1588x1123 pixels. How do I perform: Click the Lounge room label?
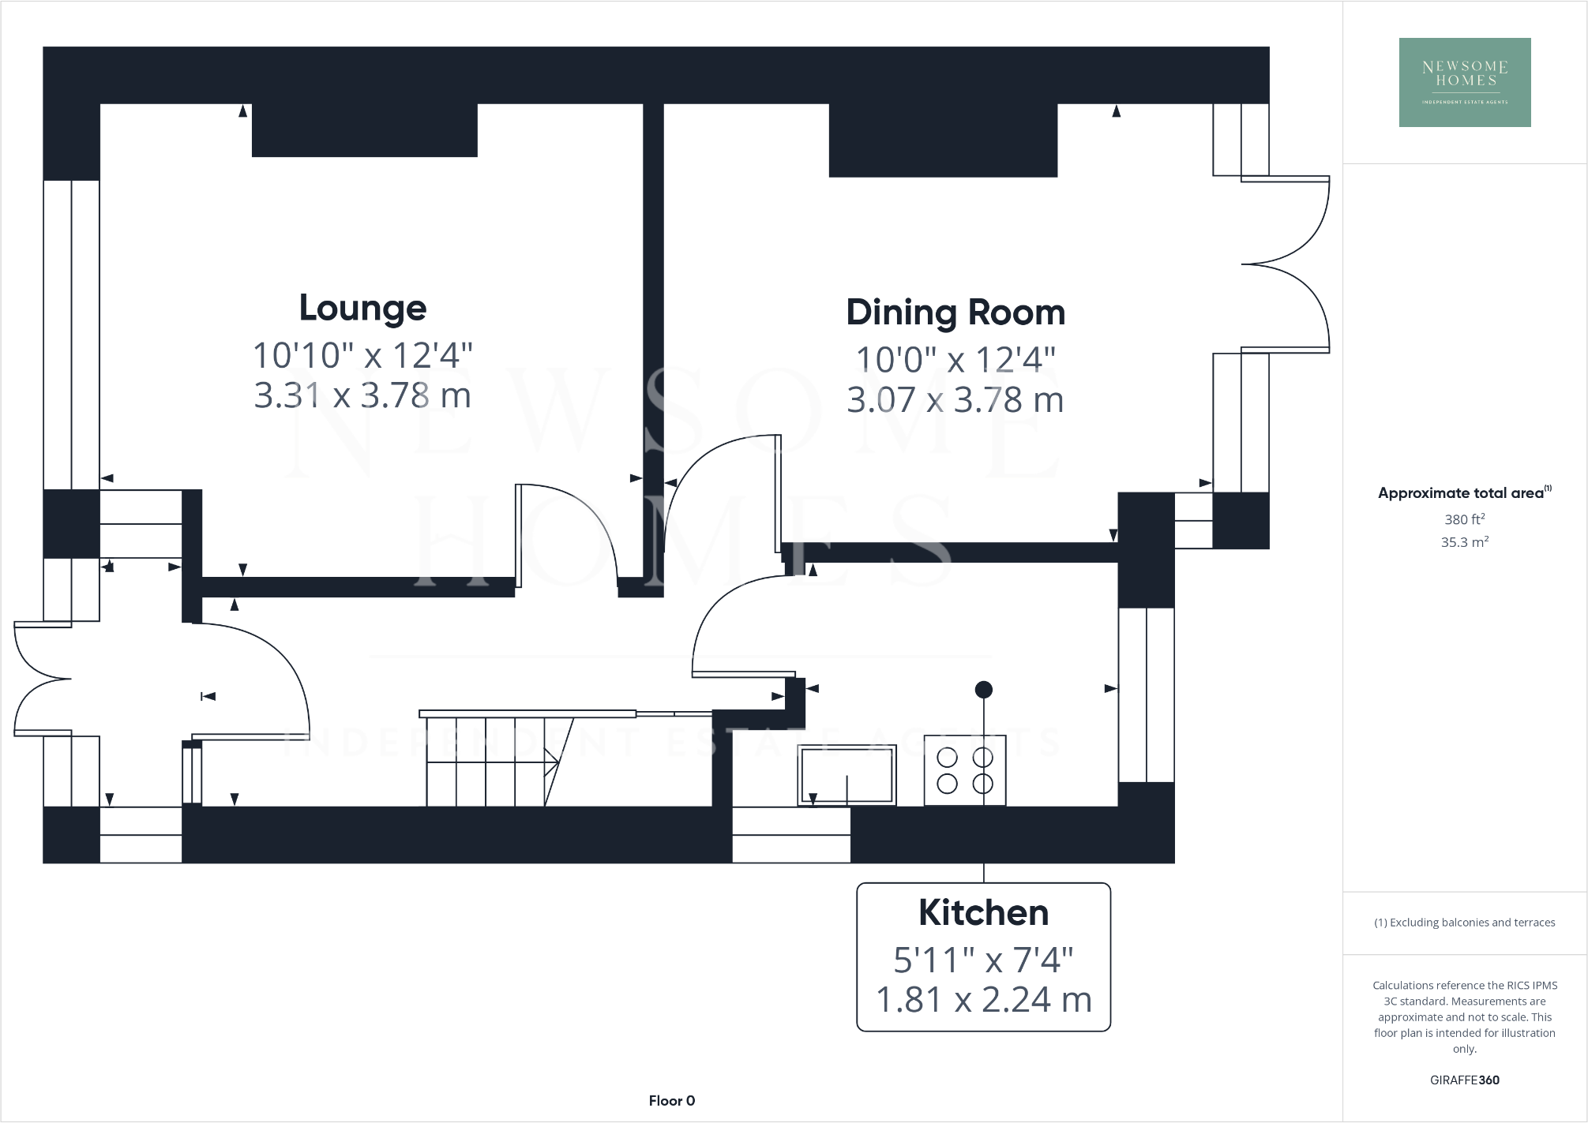[362, 308]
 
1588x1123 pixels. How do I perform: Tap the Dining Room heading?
[955, 313]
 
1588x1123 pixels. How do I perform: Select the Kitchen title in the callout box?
[983, 913]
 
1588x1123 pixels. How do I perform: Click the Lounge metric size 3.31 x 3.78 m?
[362, 395]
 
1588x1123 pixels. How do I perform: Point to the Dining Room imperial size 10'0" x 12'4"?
[955, 360]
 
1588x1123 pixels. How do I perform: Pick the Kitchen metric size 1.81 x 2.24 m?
[983, 1000]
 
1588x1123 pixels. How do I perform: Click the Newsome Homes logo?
[1465, 82]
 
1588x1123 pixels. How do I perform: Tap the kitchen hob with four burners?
[965, 770]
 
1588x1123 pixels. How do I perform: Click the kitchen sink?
[847, 774]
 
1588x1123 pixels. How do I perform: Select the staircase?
[490, 760]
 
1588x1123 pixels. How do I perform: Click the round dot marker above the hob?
[983, 690]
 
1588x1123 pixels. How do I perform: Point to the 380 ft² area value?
[1465, 519]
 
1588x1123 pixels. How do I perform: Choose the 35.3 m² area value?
[1465, 542]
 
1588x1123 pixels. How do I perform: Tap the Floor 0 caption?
[672, 1101]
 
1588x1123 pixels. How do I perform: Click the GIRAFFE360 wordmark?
[1465, 1080]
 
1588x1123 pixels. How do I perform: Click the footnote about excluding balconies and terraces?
[1465, 923]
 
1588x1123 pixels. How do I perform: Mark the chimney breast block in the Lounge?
[364, 130]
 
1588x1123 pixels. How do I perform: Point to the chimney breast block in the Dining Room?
[943, 140]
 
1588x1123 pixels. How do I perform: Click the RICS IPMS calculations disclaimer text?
[1465, 1016]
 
